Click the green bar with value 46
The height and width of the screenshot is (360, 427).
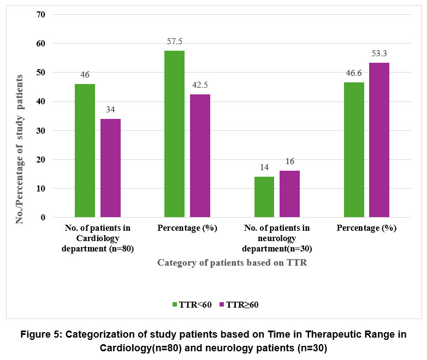click(x=85, y=151)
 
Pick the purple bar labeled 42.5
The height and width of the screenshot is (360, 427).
click(x=200, y=156)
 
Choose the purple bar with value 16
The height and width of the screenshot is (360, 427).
click(x=289, y=194)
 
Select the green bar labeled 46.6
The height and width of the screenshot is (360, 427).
click(x=353, y=150)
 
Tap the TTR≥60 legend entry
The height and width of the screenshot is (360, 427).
click(x=238, y=305)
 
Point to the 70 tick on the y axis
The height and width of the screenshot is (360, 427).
click(x=40, y=14)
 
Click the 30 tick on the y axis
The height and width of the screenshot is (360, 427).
click(x=40, y=131)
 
